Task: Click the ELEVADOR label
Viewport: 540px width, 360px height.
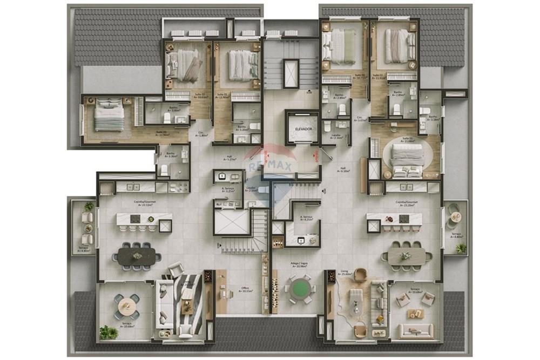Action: pos(303,130)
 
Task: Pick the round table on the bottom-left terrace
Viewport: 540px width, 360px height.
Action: pos(127,306)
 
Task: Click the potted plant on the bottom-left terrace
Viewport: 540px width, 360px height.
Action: pos(108,332)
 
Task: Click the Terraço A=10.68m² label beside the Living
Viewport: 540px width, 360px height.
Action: pos(414,291)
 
